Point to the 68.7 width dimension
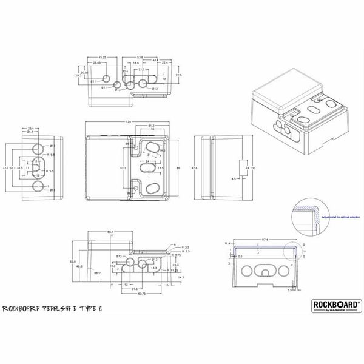111,232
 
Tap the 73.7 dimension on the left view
5,167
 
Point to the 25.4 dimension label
31,128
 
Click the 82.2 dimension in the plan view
123,167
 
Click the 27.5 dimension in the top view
178,75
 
